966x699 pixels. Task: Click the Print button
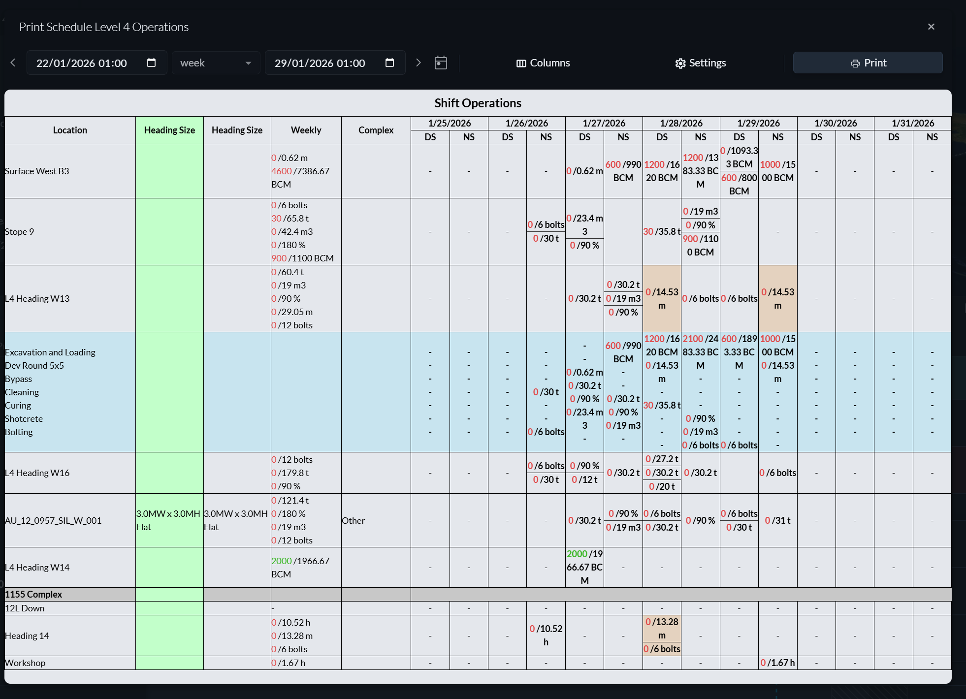tap(868, 63)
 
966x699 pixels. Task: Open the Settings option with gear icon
tap(700, 63)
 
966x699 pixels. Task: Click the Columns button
tap(543, 63)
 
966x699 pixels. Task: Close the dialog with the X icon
tap(931, 27)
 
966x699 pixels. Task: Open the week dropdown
tap(216, 63)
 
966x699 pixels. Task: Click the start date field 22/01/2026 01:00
tap(97, 63)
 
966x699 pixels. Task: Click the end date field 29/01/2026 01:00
tap(335, 63)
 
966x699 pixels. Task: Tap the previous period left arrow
tap(13, 63)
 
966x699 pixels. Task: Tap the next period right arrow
tap(418, 63)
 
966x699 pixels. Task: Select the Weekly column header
tap(306, 130)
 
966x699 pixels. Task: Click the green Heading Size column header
tap(169, 130)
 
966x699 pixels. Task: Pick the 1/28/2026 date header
tap(681, 123)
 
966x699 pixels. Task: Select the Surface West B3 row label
tap(37, 171)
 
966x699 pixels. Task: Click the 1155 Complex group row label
tap(33, 594)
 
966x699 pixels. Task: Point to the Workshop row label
tap(25, 663)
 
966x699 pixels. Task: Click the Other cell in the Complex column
tap(354, 520)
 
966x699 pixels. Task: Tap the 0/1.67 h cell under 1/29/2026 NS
tap(777, 663)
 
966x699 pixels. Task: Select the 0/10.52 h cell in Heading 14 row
tap(546, 635)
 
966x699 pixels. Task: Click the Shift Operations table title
tap(478, 103)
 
